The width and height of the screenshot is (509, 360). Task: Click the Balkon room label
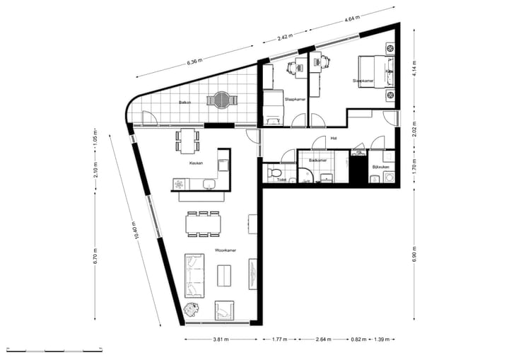[185, 102]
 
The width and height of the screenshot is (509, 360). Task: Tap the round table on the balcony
[223, 100]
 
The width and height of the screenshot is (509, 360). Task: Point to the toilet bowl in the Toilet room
[275, 173]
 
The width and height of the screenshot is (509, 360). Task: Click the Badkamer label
[318, 161]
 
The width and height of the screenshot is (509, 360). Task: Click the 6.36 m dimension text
[194, 62]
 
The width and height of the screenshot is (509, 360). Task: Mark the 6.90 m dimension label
[413, 254]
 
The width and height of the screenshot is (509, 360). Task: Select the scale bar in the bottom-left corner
[57, 350]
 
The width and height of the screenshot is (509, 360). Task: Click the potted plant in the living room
[191, 309]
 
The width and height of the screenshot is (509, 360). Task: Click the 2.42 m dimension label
[284, 36]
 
